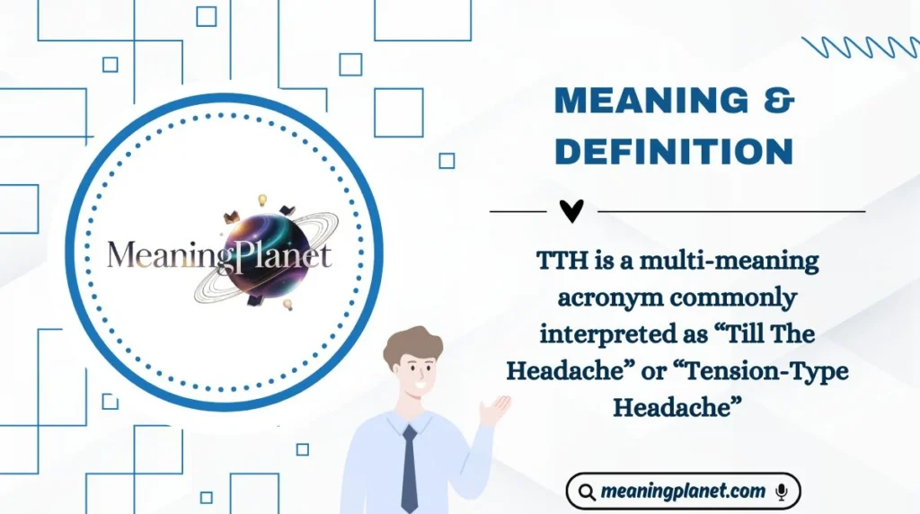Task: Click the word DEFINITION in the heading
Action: click(674, 151)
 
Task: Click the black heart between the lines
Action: click(571, 211)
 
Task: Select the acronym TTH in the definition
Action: click(559, 261)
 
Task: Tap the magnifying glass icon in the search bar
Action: click(587, 492)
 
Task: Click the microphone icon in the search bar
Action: click(782, 492)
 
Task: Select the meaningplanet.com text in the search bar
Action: click(683, 492)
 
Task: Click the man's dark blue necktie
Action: click(410, 467)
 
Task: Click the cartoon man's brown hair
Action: click(412, 341)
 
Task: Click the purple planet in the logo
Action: click(261, 251)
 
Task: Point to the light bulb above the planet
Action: click(263, 199)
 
